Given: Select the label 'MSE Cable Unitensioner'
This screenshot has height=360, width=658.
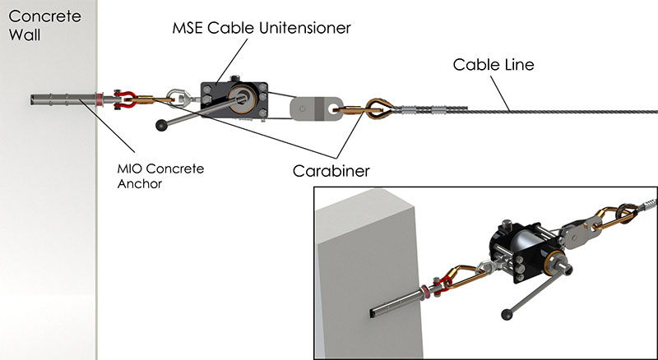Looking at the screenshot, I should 261,28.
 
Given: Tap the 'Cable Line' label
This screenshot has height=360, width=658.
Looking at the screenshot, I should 493,65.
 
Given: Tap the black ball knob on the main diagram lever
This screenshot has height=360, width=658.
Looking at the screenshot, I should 163,126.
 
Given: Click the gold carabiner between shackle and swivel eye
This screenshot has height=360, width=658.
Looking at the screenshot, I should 155,100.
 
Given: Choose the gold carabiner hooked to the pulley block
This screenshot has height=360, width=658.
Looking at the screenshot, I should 354,108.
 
